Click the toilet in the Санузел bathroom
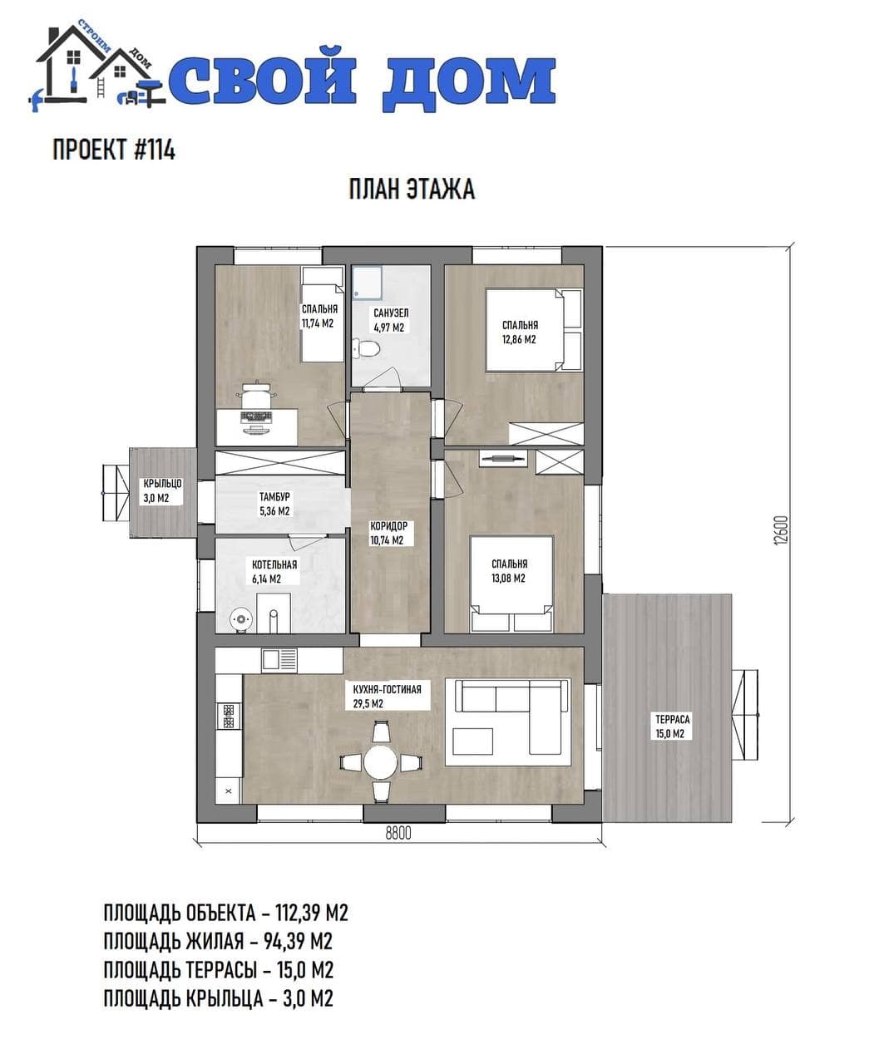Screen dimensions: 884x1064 (366, 349)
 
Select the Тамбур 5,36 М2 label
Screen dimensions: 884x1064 (274, 504)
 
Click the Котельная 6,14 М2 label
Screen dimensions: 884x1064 (274, 572)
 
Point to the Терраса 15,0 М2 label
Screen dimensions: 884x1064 (673, 727)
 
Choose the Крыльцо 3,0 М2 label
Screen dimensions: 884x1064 (162, 490)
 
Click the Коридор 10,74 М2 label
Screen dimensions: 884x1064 (388, 533)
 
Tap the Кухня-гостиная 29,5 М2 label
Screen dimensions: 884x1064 (388, 697)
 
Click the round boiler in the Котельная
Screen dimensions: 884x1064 (240, 619)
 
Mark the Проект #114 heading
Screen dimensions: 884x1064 (114, 150)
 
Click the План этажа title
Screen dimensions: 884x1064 (412, 189)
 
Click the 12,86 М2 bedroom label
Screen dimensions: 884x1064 (520, 340)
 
